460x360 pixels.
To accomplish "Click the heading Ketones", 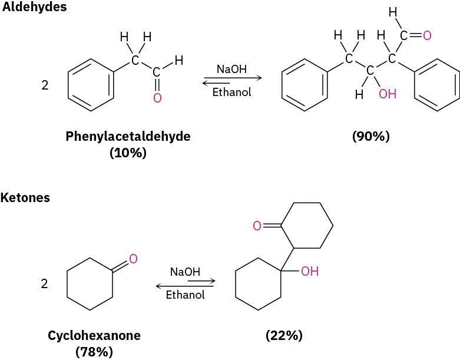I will (x=25, y=198).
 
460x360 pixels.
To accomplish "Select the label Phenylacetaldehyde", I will (x=128, y=137).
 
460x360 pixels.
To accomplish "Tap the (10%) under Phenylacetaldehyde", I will (x=128, y=152).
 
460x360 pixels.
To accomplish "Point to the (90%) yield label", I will (x=370, y=137).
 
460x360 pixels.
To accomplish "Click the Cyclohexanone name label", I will (x=94, y=336).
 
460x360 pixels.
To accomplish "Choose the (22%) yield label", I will (x=284, y=336).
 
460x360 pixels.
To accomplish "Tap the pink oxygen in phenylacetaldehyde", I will (x=157, y=98).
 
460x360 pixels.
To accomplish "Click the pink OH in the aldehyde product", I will (x=387, y=94).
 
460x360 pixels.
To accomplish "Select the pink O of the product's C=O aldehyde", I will (x=427, y=36).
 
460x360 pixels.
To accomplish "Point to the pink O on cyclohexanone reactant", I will (x=133, y=258).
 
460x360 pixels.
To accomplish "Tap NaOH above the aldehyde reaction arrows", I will (x=231, y=70).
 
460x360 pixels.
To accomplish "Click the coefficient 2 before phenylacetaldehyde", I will (x=45, y=85).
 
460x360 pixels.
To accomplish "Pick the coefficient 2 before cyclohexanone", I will (x=44, y=284).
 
